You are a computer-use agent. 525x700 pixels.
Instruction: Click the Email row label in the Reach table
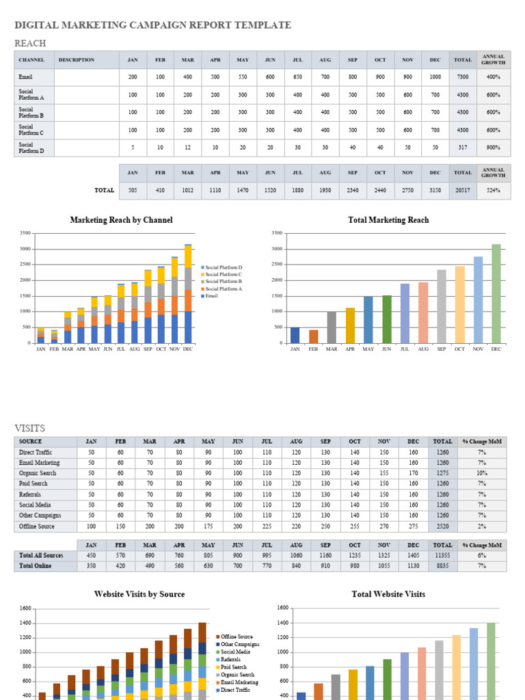(x=26, y=77)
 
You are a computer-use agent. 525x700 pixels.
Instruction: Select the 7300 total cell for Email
(x=463, y=77)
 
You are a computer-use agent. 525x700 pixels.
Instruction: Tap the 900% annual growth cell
(x=493, y=148)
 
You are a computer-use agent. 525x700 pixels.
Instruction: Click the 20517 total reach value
(x=463, y=191)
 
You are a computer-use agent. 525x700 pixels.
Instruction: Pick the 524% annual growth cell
(x=493, y=191)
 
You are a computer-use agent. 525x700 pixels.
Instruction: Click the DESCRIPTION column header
(x=77, y=60)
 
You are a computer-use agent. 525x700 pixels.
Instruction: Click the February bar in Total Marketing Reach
(x=313, y=336)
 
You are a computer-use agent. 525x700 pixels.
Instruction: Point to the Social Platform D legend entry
(x=224, y=267)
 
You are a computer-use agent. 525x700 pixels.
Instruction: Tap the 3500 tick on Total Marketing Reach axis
(x=277, y=233)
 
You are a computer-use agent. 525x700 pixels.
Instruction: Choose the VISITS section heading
(x=30, y=428)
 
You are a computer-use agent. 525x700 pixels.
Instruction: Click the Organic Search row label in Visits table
(x=38, y=473)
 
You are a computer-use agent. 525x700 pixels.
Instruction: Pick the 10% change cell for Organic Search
(x=481, y=473)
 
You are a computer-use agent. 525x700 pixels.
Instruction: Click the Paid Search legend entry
(x=234, y=667)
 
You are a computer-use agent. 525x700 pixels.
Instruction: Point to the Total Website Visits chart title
(x=388, y=594)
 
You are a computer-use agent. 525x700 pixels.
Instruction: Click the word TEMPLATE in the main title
(x=264, y=25)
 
